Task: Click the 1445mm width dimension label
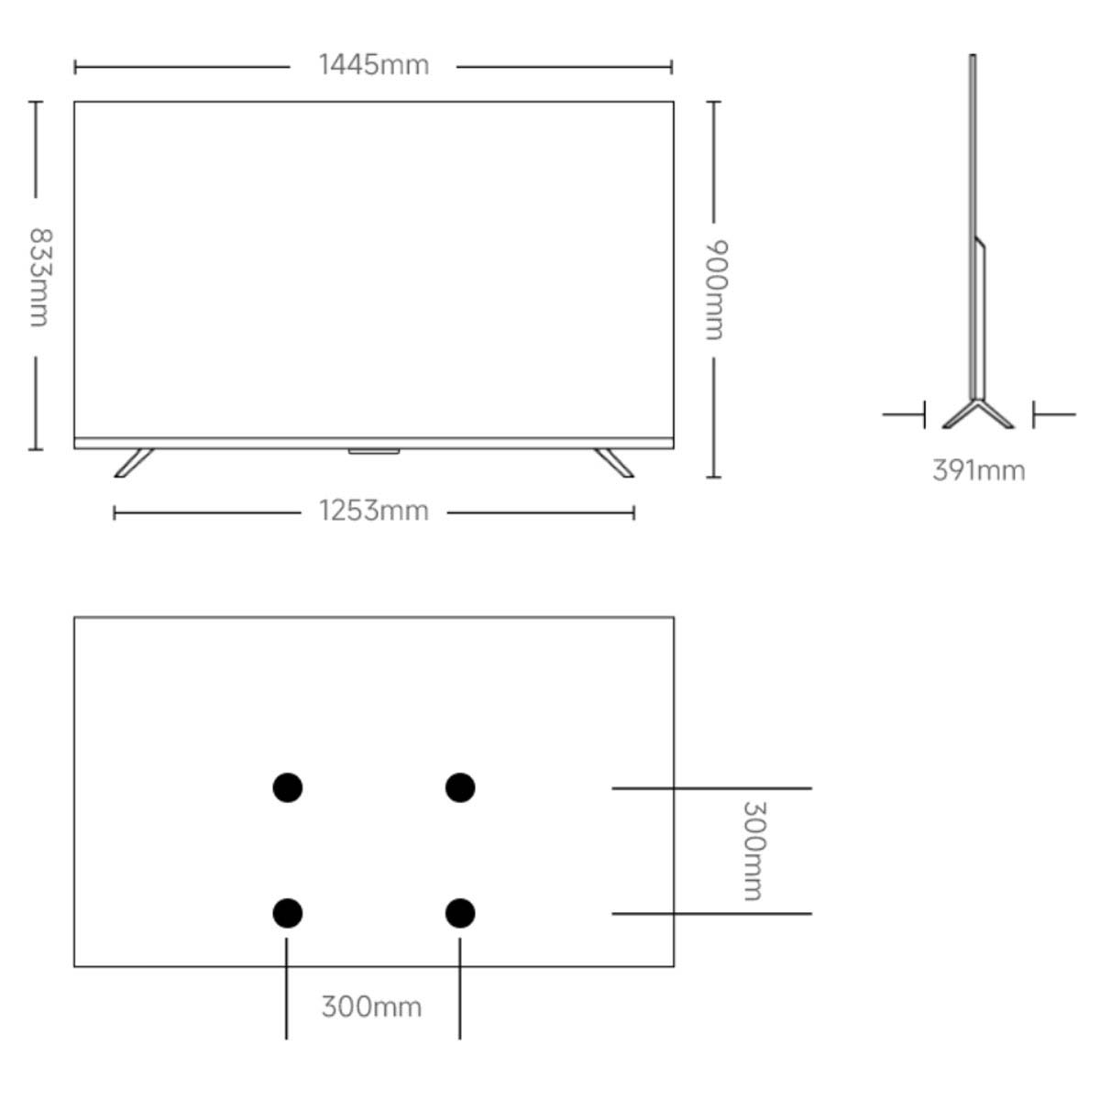coord(374,64)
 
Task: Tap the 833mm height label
coord(40,278)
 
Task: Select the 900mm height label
coord(716,290)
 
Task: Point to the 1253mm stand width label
coord(374,511)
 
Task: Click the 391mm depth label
coord(978,471)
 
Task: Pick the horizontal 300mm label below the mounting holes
coord(371,1006)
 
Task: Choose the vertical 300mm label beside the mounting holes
coord(753,851)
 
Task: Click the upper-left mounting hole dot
coord(288,787)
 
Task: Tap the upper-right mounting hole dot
coord(460,787)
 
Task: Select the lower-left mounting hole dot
coord(288,913)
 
